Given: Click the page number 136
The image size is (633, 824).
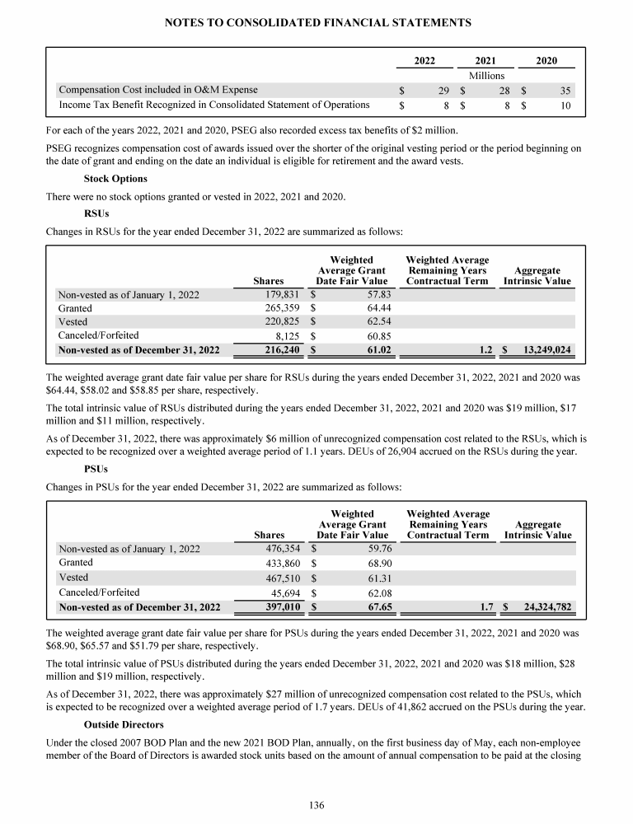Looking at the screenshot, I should coord(316,804).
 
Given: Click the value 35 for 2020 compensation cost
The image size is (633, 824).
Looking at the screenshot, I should coord(565,90).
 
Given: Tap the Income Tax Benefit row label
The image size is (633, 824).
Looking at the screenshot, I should coord(213,105).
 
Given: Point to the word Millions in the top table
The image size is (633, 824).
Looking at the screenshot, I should coord(486,75).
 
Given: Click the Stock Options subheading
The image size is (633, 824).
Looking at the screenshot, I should coord(115,178).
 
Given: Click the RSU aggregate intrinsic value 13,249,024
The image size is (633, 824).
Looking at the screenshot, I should coord(542,350).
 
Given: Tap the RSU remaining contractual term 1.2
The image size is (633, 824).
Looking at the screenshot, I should coord(486,350).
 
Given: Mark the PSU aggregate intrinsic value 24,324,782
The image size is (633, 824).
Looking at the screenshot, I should coord(542,608).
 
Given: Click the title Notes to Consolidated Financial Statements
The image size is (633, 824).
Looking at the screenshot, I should coord(316,23).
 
